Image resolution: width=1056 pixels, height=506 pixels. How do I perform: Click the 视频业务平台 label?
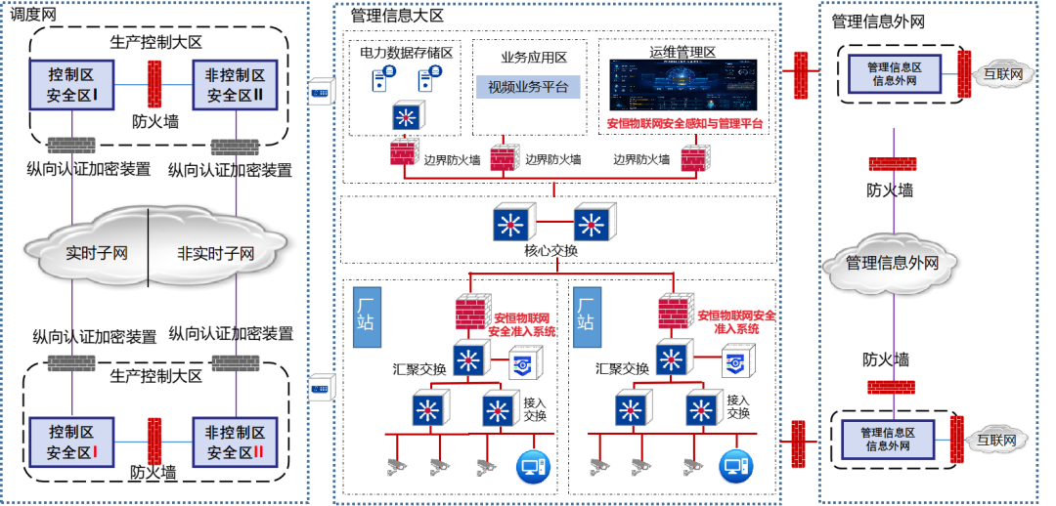point(528,88)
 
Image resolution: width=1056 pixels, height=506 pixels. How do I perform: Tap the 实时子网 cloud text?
point(97,254)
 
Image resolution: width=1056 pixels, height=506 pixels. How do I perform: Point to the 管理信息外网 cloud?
point(893,263)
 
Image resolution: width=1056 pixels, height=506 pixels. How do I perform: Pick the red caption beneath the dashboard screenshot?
point(684,124)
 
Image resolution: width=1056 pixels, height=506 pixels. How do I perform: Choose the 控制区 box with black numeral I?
point(72,85)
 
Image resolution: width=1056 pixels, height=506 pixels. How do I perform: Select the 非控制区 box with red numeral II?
point(236,443)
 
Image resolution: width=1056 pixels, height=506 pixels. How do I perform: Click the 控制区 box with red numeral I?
point(72,443)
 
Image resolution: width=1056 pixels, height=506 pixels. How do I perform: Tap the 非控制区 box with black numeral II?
point(236,85)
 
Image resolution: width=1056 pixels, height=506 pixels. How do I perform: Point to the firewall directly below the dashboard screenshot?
point(695,156)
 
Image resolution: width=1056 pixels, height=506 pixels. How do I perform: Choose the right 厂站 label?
point(586,310)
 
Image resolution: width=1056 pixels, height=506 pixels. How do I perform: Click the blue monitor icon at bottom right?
point(736,467)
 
